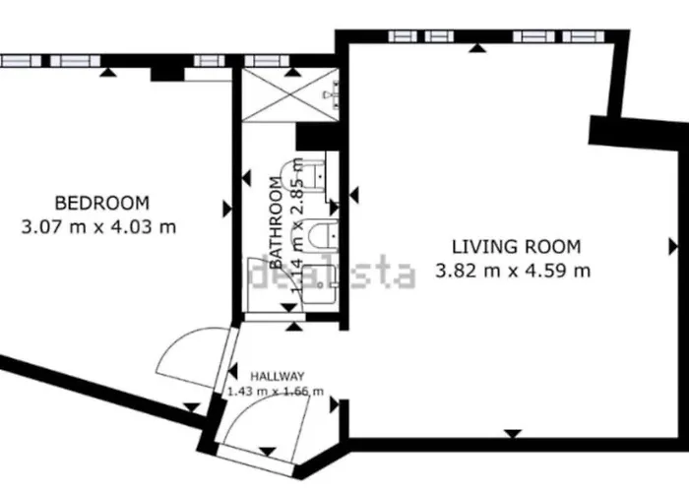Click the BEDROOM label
[101, 204]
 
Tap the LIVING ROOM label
[516, 246]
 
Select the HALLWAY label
[277, 376]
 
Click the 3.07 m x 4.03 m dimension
[98, 226]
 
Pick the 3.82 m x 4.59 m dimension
[513, 270]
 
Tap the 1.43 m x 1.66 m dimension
[277, 392]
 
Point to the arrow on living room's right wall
[673, 245]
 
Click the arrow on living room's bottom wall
[512, 434]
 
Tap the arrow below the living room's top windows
[478, 47]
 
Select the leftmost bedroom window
[20, 61]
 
